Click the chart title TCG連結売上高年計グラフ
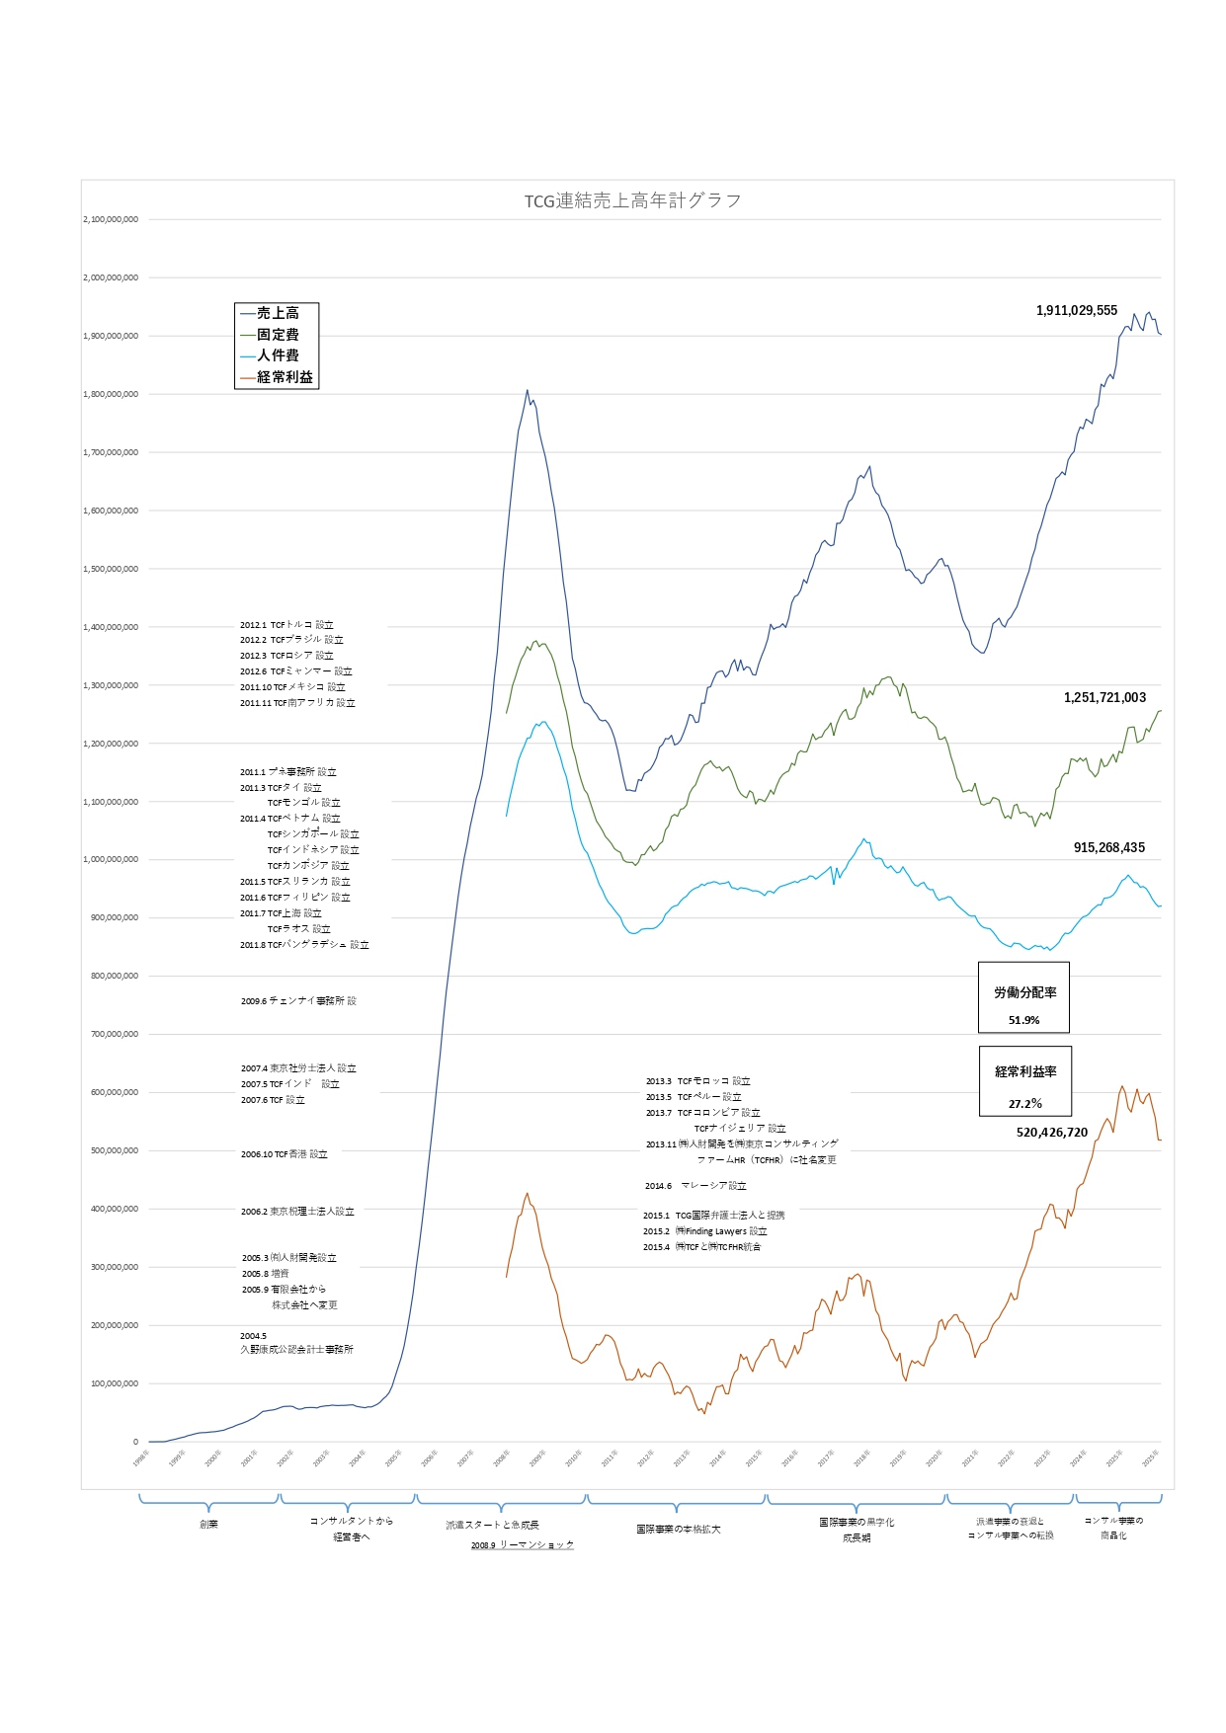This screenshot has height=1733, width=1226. tap(632, 200)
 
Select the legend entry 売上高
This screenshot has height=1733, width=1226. tap(278, 313)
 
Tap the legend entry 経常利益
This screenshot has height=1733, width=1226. tap(285, 377)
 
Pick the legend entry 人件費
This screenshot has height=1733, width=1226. tap(278, 355)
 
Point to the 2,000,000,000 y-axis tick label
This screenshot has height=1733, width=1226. tap(111, 277)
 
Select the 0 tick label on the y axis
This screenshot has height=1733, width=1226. tap(135, 1442)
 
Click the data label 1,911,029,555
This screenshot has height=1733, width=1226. tap(1077, 310)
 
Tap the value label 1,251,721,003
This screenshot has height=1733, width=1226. tap(1104, 697)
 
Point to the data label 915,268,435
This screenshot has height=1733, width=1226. tap(1109, 847)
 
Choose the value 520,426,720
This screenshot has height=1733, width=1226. tap(1052, 1133)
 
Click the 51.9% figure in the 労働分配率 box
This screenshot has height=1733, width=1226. tap(1023, 1020)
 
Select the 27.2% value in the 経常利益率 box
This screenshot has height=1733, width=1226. tap(1024, 1103)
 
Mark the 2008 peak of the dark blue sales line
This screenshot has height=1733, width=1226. tap(528, 390)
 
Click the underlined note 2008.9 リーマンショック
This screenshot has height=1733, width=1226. tap(522, 1544)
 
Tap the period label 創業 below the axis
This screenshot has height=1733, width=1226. tap(208, 1524)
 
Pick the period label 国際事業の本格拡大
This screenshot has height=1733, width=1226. tap(678, 1529)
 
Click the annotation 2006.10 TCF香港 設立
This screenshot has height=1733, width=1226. tap(284, 1153)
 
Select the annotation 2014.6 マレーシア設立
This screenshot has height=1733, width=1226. tap(695, 1185)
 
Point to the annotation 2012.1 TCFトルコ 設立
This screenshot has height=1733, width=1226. tap(286, 624)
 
